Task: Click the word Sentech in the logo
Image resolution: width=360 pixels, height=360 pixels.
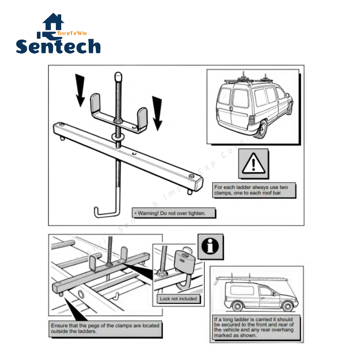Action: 58,46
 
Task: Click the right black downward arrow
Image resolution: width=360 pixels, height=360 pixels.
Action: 157,112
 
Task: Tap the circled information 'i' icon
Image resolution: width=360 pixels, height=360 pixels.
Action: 211,247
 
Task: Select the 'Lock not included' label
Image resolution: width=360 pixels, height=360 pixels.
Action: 178,298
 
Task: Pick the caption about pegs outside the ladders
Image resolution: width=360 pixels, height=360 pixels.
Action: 105,328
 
